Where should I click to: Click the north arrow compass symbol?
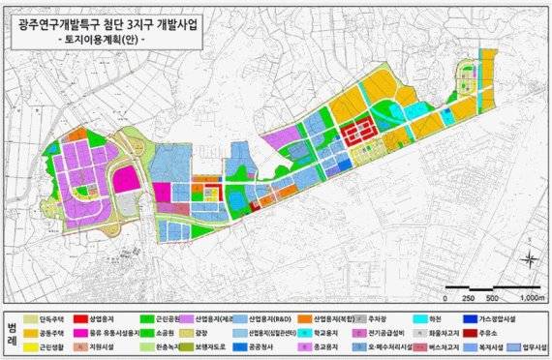[531, 258]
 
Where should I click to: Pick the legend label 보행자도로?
[225, 345]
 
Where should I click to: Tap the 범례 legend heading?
[10, 330]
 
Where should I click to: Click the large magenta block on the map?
[125, 181]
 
